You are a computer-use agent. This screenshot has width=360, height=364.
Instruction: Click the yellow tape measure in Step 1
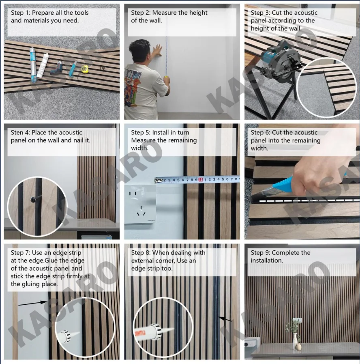[85, 69]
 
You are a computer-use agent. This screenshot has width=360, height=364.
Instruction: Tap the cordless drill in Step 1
[57, 67]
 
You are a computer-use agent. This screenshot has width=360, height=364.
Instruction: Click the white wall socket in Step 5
[140, 204]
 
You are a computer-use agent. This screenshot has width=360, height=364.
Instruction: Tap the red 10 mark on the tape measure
[201, 180]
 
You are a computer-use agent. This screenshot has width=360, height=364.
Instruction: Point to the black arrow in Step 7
[33, 303]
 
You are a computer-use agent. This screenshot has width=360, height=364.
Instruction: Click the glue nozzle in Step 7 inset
[75, 335]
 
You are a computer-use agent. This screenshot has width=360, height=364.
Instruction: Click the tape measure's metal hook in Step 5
[158, 180]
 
